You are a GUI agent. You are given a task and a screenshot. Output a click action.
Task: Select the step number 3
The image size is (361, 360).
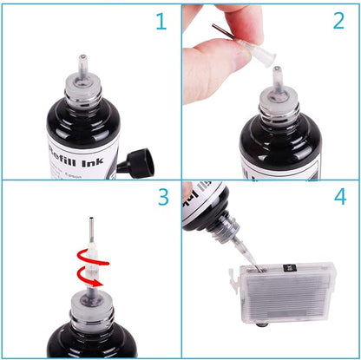point(162,197)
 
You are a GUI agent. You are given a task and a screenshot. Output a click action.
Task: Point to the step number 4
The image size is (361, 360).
point(340,198)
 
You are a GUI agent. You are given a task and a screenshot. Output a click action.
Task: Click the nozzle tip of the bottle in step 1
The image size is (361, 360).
point(83,62)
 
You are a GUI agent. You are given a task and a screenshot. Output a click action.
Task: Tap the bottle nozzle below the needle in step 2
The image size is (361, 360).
point(278,82)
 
